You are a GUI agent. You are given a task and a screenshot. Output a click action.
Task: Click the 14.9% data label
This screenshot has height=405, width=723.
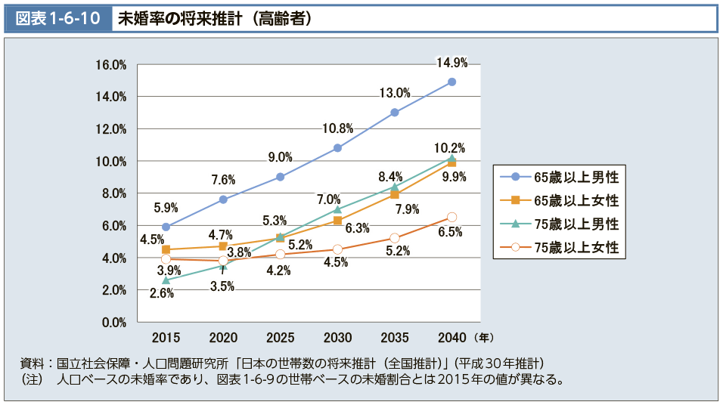pyautogui.click(x=451, y=63)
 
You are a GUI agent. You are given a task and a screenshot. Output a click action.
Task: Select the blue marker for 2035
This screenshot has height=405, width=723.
pyautogui.click(x=395, y=113)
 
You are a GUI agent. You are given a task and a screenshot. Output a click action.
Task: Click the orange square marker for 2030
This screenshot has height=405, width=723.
pyautogui.click(x=337, y=221)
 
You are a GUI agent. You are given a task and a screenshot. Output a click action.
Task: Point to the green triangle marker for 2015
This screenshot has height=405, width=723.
pyautogui.click(x=166, y=280)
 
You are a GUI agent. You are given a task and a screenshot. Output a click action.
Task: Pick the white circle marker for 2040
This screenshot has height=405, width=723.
pyautogui.click(x=451, y=217)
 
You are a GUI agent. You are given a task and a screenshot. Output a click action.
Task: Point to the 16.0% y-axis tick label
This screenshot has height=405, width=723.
pyautogui.click(x=110, y=65)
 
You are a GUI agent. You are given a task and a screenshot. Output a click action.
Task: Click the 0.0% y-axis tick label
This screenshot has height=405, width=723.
pyautogui.click(x=113, y=323)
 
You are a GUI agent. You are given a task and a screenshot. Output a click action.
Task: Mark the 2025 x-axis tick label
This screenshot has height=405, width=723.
pyautogui.click(x=280, y=336)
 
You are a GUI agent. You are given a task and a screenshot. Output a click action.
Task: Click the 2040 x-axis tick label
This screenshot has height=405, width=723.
pyautogui.click(x=451, y=336)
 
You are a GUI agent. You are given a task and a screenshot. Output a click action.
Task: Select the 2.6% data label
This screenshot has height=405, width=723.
pyautogui.click(x=160, y=294)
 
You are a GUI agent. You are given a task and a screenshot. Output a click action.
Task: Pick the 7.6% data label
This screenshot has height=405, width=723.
pyautogui.click(x=222, y=180)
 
